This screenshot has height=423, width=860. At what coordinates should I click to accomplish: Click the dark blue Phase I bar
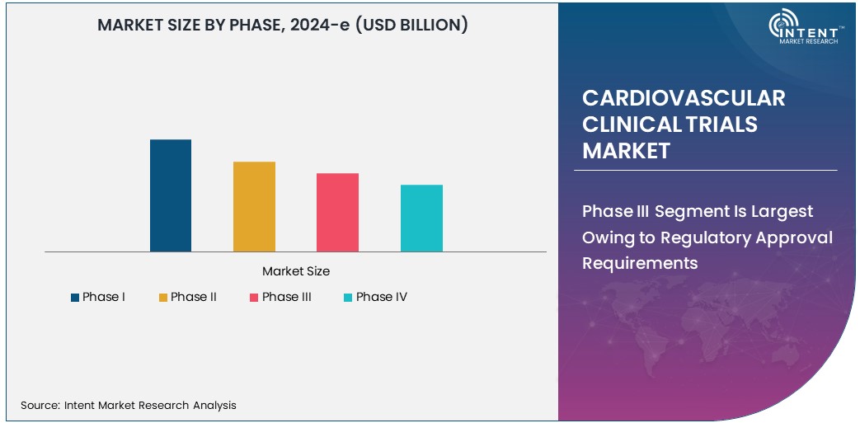[x=171, y=195]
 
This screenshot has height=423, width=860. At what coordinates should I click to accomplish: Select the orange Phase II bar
[x=254, y=206]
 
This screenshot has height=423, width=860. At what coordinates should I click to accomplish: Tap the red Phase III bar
[x=337, y=212]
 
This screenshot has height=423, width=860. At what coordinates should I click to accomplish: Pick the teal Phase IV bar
[x=421, y=218]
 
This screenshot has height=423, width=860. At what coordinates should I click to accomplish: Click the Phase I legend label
[x=103, y=297]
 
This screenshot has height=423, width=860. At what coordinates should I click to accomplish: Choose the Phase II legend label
[x=194, y=297]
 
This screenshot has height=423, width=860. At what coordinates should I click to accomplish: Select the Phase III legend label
[x=286, y=297]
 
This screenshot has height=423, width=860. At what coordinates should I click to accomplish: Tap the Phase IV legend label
[x=381, y=297]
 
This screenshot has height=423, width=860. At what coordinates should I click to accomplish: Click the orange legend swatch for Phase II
[x=163, y=298]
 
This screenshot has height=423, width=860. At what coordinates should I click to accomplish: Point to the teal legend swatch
[x=349, y=298]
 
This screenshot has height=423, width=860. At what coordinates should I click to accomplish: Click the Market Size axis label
[x=295, y=271]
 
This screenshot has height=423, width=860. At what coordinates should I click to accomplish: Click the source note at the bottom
[x=129, y=405]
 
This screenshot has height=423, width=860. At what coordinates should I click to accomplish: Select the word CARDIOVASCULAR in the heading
[x=684, y=98]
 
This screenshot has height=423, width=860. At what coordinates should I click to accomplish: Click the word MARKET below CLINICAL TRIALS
[x=626, y=151]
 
